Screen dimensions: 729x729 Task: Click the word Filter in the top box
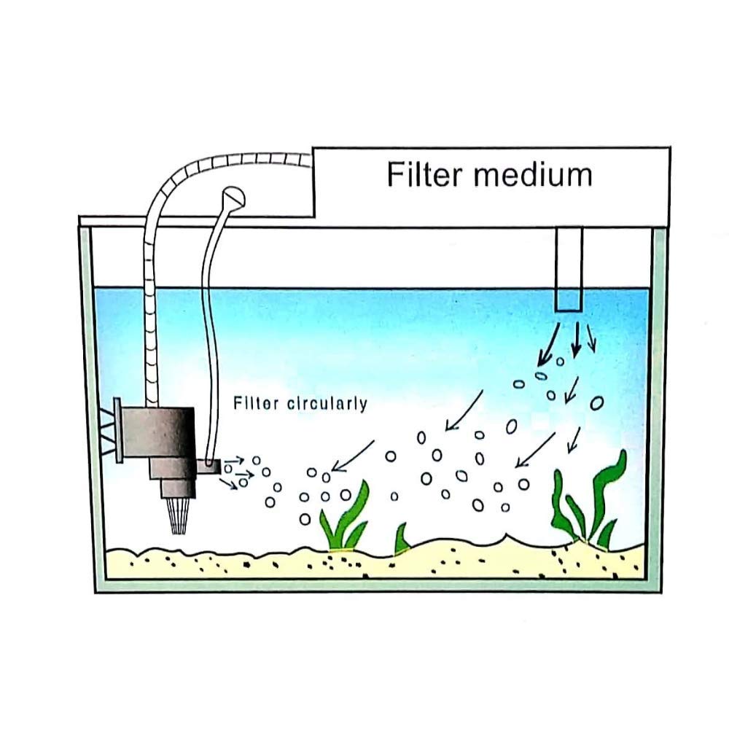(422, 175)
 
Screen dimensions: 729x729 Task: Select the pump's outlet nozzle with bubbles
(211, 467)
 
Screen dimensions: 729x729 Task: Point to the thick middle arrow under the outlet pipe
(576, 339)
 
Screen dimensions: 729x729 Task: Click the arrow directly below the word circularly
(354, 456)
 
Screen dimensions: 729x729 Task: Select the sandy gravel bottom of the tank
(364, 565)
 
